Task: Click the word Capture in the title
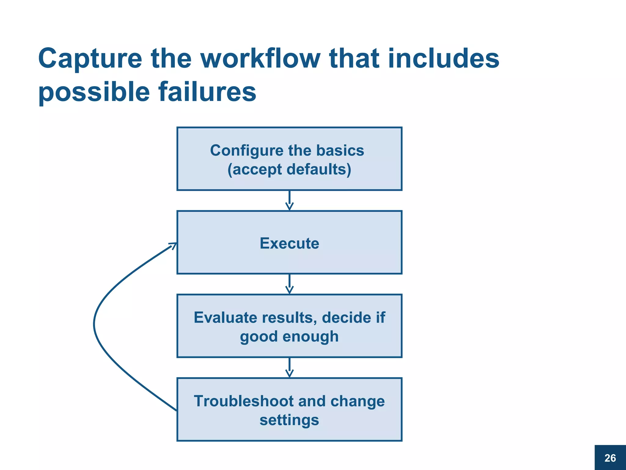(90, 59)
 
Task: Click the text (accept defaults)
(289, 170)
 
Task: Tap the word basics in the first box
(340, 150)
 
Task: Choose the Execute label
(289, 243)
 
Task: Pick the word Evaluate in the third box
(226, 317)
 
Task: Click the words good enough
(289, 336)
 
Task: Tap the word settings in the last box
(289, 420)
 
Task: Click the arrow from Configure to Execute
(289, 200)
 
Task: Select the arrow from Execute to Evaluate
(289, 284)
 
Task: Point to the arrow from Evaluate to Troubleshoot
(289, 367)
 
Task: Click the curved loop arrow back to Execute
(95, 324)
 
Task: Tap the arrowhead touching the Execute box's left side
(174, 245)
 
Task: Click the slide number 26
(610, 458)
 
